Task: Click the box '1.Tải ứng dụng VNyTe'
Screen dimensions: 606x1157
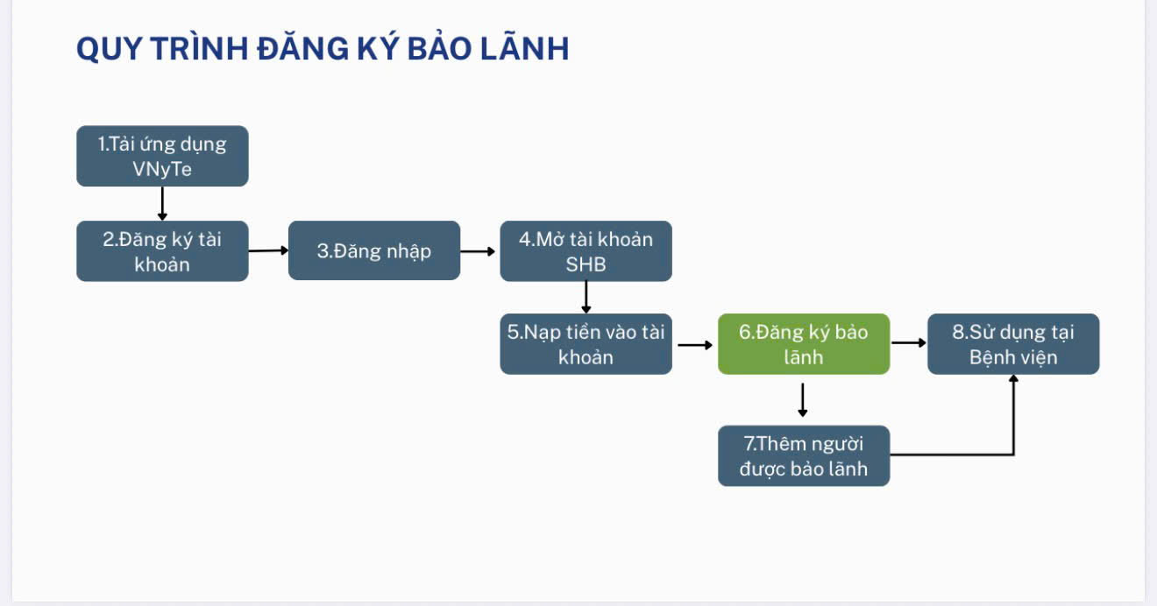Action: [x=162, y=156]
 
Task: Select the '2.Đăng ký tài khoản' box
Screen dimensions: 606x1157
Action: [x=162, y=251]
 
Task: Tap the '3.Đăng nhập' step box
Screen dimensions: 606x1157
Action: [x=374, y=251]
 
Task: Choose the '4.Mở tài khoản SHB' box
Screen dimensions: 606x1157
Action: [x=586, y=251]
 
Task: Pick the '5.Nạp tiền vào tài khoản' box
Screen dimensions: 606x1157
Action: [x=586, y=344]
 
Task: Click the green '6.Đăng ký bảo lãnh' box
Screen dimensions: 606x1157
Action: [x=804, y=344]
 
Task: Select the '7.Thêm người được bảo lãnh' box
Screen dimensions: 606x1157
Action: [x=804, y=455]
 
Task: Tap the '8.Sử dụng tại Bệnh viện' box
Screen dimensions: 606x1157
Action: [x=1013, y=344]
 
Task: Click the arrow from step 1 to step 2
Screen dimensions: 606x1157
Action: [x=162, y=203]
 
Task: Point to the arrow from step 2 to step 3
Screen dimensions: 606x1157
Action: [x=268, y=250]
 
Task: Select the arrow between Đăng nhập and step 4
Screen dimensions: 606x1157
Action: [x=479, y=251]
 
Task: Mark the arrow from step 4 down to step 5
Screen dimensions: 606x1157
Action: [x=586, y=297]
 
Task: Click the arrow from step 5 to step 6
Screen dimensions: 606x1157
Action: [x=695, y=345]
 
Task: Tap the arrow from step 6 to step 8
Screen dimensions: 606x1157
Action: [x=909, y=342]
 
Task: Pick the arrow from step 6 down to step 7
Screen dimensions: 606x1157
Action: [x=803, y=399]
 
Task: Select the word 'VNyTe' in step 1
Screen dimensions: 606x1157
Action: [x=162, y=169]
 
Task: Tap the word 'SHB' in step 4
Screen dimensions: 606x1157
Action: [x=586, y=264]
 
